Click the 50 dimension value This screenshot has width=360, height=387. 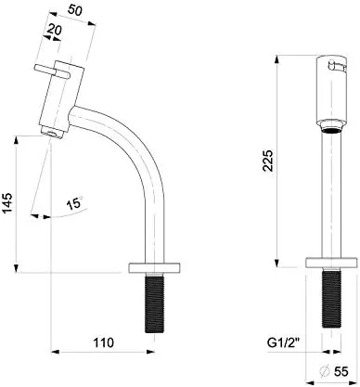pos(75,10)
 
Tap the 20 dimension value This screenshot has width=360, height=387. pos(55,30)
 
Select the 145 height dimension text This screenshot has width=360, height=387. pos(7,202)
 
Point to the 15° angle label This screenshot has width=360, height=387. pos(74,203)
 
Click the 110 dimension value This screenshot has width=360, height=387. pos(104,342)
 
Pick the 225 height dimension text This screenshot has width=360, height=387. pos(268,161)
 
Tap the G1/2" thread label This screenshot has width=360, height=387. pos(285,343)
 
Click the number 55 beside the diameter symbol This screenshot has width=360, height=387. pos(341,371)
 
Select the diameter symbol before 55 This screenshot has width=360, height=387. pos(325,371)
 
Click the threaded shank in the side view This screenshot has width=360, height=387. pos(154,303)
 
